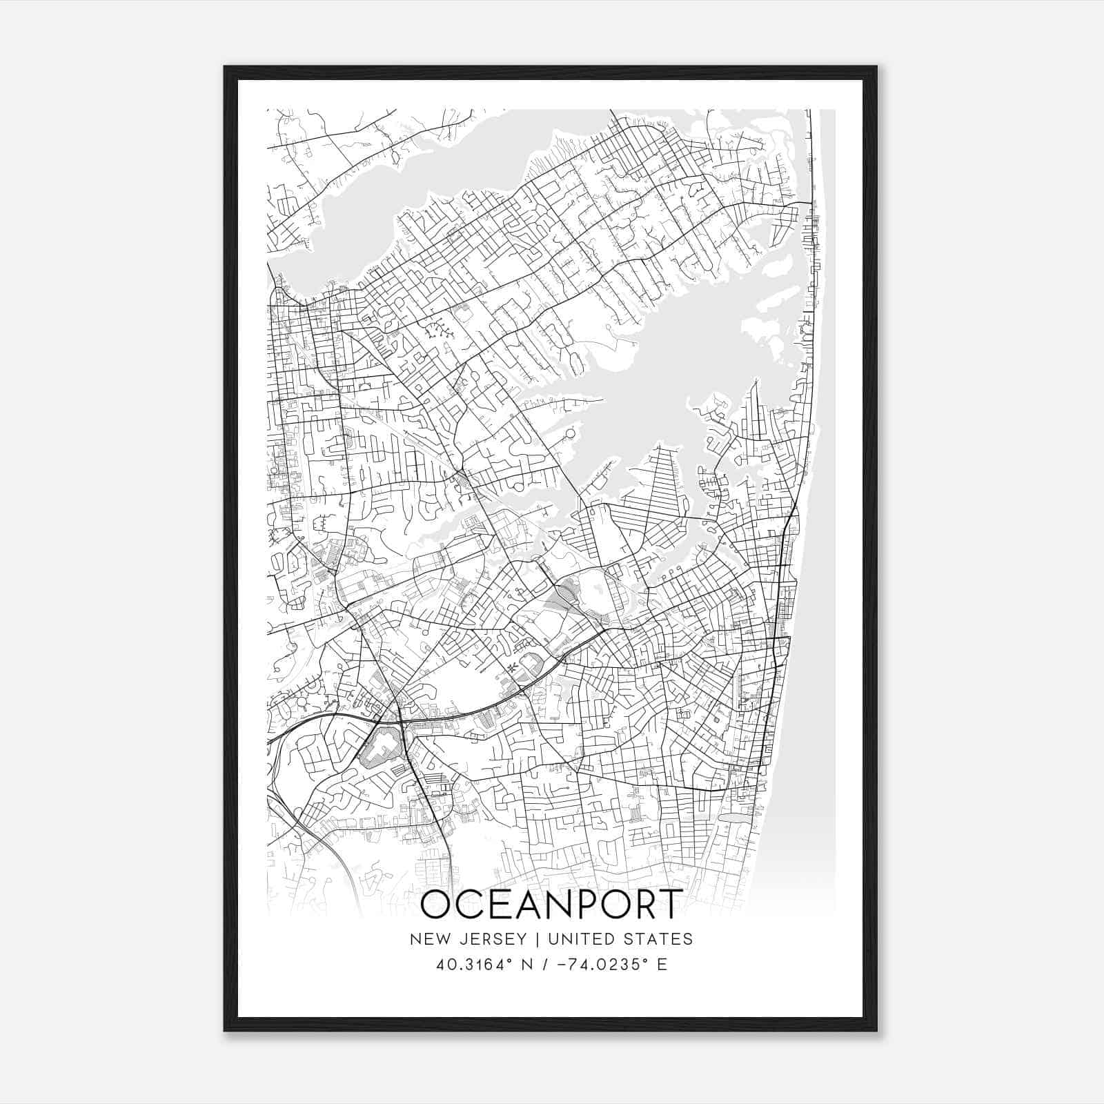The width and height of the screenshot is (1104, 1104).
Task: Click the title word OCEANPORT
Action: click(551, 905)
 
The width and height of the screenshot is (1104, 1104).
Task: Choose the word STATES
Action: click(659, 939)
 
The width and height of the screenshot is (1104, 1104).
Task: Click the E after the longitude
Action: click(662, 965)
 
